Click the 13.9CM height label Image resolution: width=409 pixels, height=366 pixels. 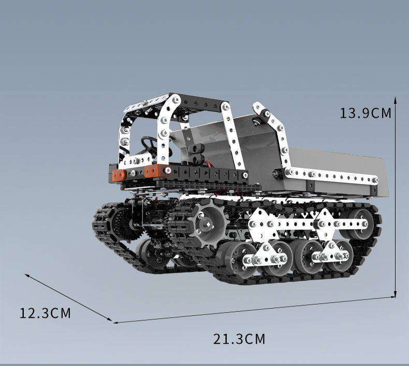[366, 113]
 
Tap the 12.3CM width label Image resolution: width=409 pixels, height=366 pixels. [45, 313]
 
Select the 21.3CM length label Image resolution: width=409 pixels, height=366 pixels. [239, 339]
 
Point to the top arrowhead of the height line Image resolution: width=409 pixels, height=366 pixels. [395, 100]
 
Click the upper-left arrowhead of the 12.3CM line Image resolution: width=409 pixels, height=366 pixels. [28, 276]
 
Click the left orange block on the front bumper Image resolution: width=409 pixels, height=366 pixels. [119, 175]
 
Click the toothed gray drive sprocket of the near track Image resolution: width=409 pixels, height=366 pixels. [207, 224]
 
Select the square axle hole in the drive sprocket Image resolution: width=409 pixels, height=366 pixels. [208, 223]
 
